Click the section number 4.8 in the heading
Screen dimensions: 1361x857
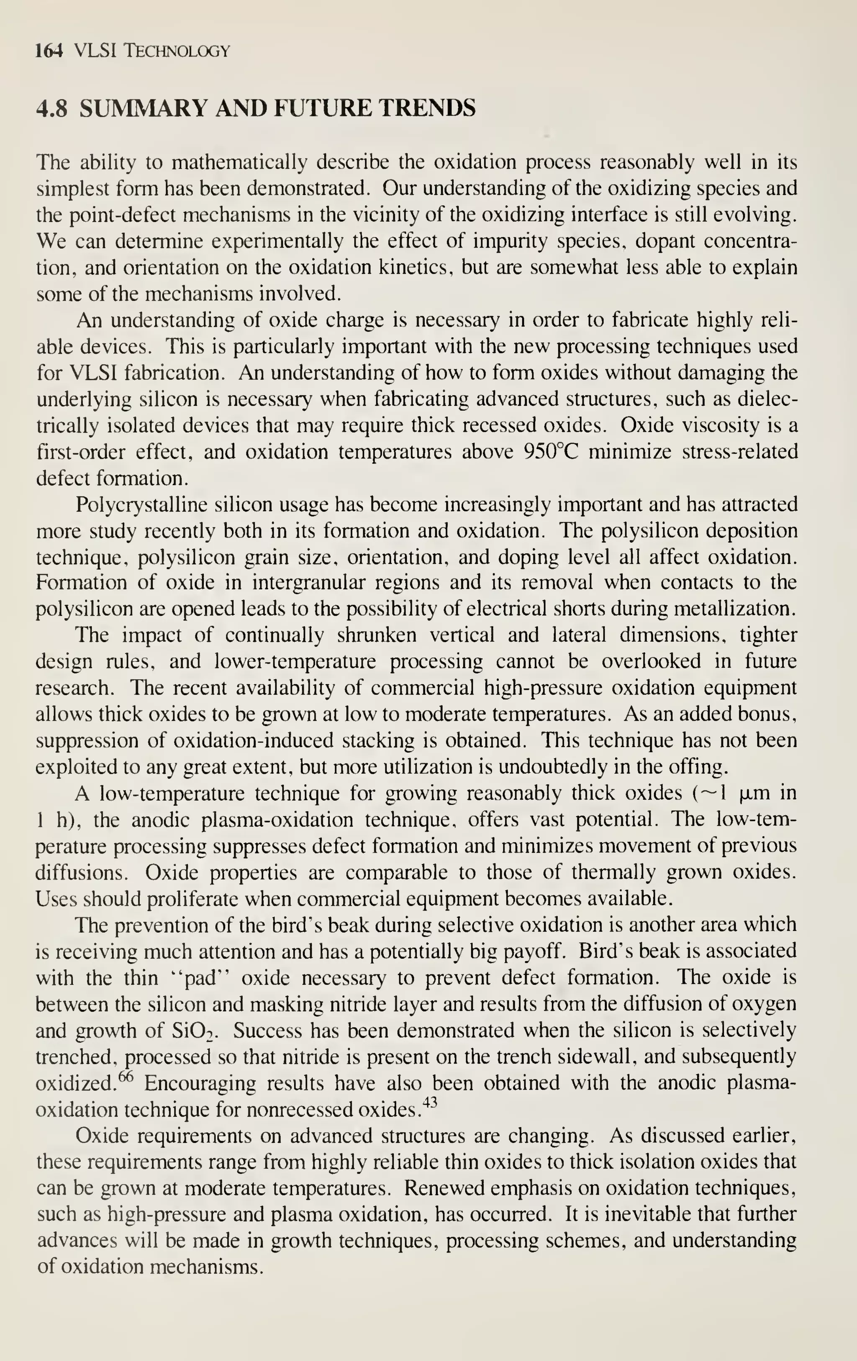pyautogui.click(x=52, y=108)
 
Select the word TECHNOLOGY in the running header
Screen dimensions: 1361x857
pyautogui.click(x=177, y=51)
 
